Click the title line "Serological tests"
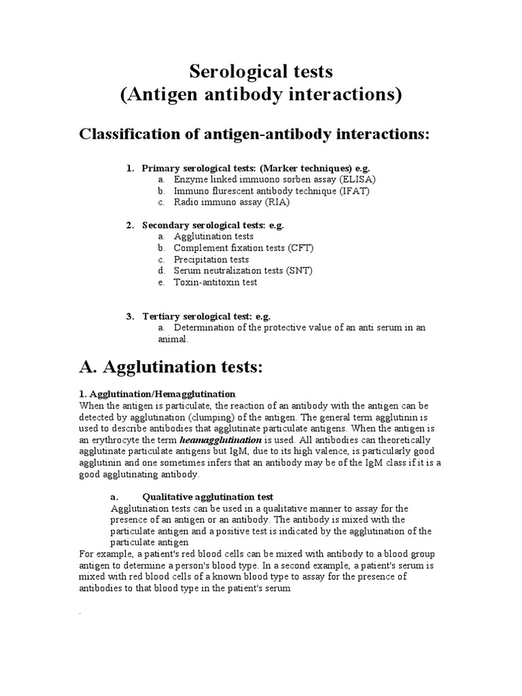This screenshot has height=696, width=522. click(x=261, y=71)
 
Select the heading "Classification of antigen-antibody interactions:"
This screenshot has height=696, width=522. click(x=256, y=134)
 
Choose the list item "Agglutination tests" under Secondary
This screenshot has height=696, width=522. click(x=213, y=237)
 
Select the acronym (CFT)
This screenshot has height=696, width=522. click(x=300, y=248)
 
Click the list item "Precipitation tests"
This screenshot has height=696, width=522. click(x=211, y=260)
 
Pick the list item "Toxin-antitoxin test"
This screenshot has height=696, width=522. click(x=215, y=282)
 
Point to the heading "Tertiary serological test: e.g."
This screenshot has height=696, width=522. click(x=207, y=316)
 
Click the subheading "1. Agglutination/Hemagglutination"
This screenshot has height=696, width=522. click(x=157, y=394)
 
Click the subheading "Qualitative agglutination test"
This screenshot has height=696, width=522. click(x=207, y=497)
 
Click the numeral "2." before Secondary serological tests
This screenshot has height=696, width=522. click(x=130, y=225)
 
